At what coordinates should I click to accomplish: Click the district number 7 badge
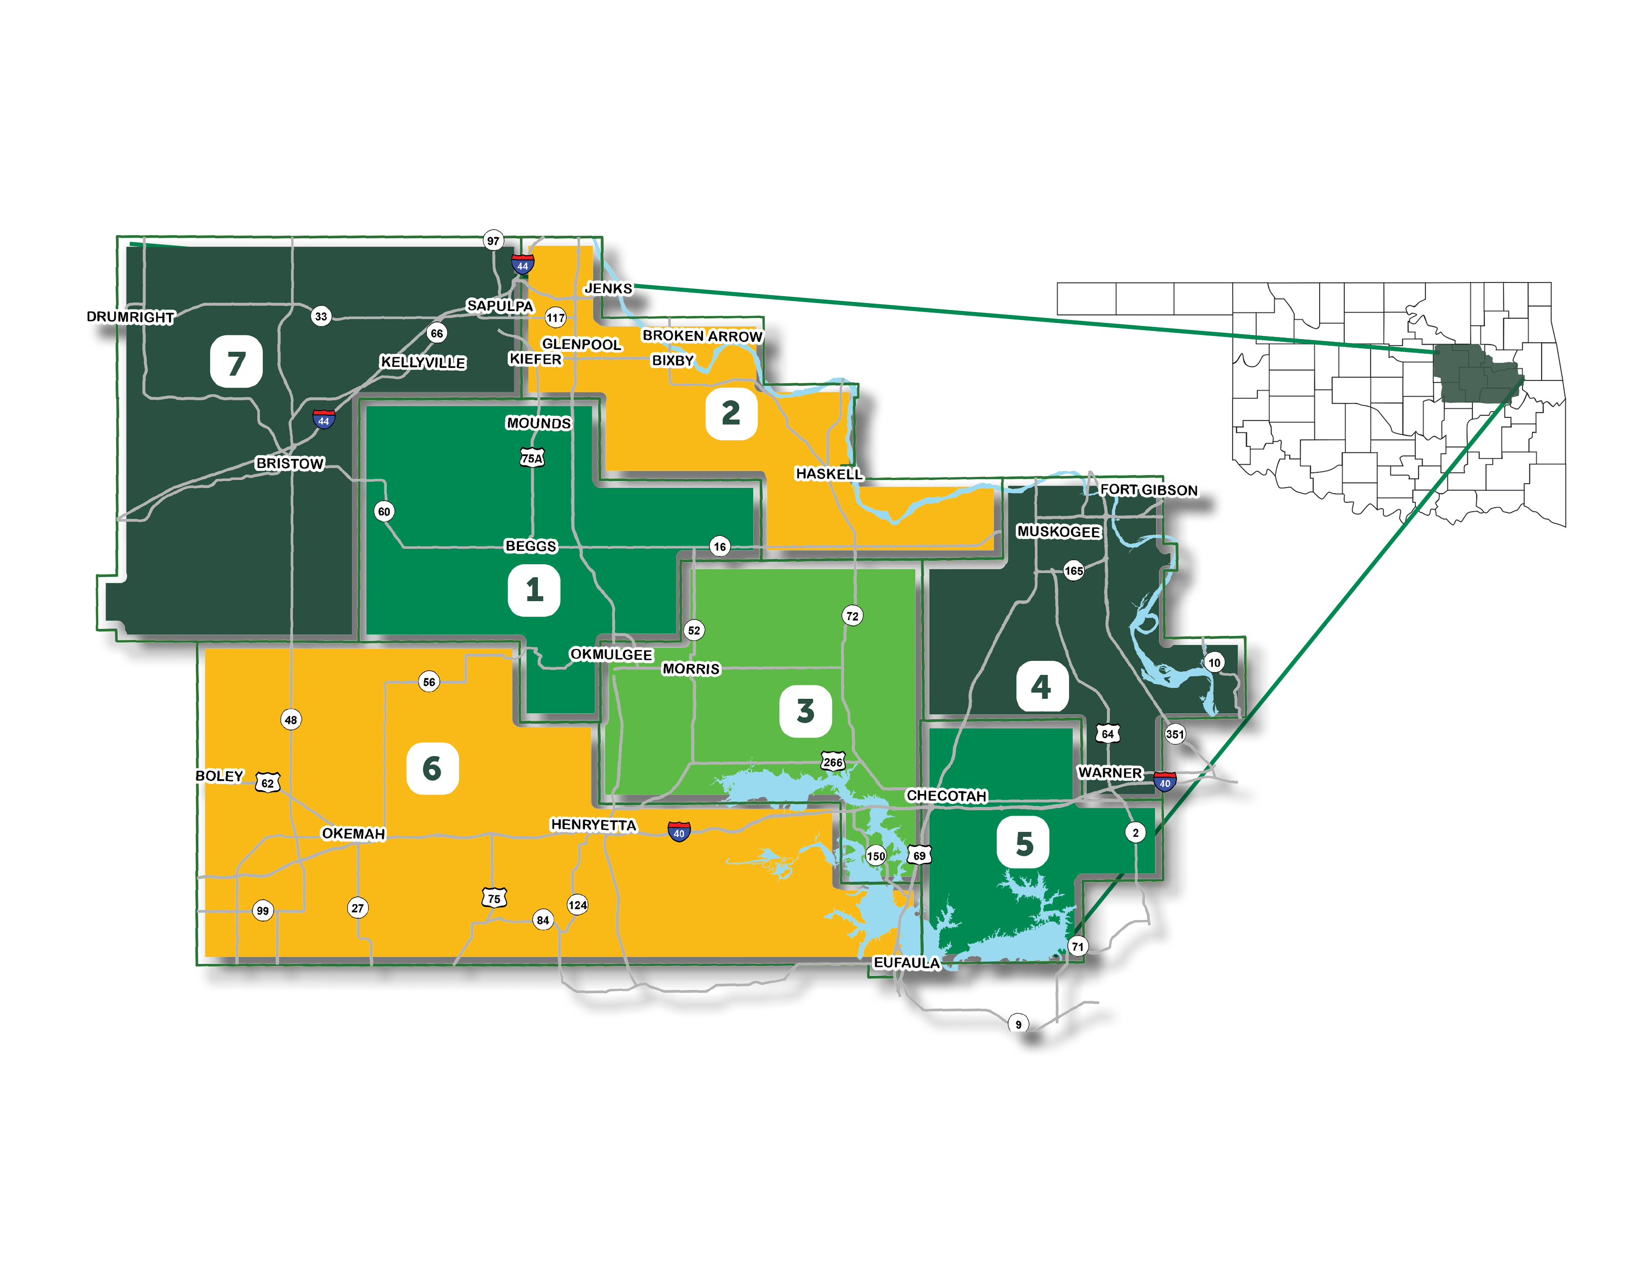coord(236,362)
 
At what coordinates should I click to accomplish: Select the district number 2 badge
coord(731,413)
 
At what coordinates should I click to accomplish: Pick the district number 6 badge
coord(432,768)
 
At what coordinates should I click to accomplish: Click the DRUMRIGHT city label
coord(130,317)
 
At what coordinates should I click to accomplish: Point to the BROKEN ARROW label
coord(702,336)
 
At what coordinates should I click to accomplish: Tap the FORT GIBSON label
coord(1149,490)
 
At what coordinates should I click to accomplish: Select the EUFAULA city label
coord(906,963)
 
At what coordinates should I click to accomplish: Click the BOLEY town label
coord(219,776)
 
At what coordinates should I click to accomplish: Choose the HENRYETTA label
coord(594,824)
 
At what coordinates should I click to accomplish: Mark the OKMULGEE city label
coord(611,654)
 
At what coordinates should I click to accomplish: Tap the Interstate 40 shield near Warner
coord(1164,782)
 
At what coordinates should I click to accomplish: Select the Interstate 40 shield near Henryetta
coord(678,832)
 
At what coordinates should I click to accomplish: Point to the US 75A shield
coord(532,458)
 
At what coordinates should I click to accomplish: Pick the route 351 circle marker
coord(1175,734)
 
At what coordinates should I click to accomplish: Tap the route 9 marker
coord(1018,1024)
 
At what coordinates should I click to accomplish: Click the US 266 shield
coord(832,762)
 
